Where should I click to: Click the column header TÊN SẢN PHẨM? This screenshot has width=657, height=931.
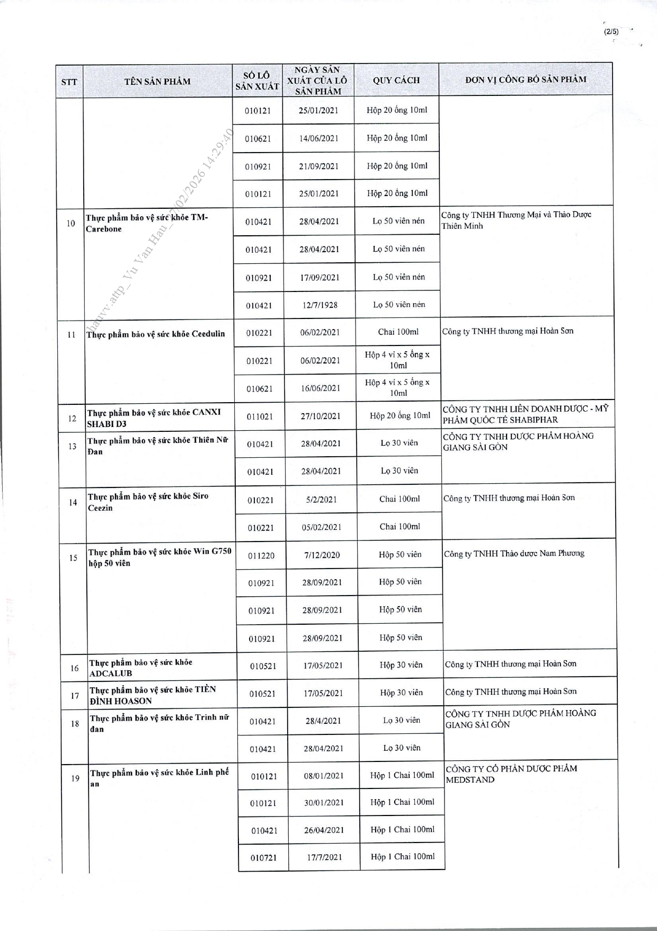pyautogui.click(x=157, y=81)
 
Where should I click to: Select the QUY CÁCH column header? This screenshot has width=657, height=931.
pyautogui.click(x=396, y=80)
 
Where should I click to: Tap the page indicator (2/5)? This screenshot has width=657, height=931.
pyautogui.click(x=611, y=31)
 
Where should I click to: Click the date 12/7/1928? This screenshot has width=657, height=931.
pyautogui.click(x=318, y=305)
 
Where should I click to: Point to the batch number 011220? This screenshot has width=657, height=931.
pyautogui.click(x=261, y=556)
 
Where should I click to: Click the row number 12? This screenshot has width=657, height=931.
pyautogui.click(x=72, y=419)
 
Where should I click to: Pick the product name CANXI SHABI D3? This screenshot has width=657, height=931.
pyautogui.click(x=154, y=418)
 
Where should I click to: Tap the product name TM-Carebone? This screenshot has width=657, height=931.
pyautogui.click(x=147, y=223)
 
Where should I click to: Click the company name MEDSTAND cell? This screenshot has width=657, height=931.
pyautogui.click(x=511, y=774)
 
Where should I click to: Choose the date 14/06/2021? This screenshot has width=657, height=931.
pyautogui.click(x=318, y=138)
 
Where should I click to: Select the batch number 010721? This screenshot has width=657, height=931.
pyautogui.click(x=264, y=857)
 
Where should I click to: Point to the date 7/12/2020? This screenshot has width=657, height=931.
pyautogui.click(x=322, y=555)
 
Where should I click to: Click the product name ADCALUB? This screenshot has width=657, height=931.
pyautogui.click(x=140, y=668)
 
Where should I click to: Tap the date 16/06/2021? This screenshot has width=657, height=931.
pyautogui.click(x=321, y=388)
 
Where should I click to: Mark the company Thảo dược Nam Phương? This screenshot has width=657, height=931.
pyautogui.click(x=514, y=554)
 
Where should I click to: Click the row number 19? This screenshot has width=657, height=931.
pyautogui.click(x=75, y=778)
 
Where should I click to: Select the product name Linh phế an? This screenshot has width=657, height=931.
pyautogui.click(x=159, y=778)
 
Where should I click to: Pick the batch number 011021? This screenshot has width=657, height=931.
pyautogui.click(x=260, y=417)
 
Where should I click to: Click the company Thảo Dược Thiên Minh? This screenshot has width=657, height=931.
pyautogui.click(x=516, y=220)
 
